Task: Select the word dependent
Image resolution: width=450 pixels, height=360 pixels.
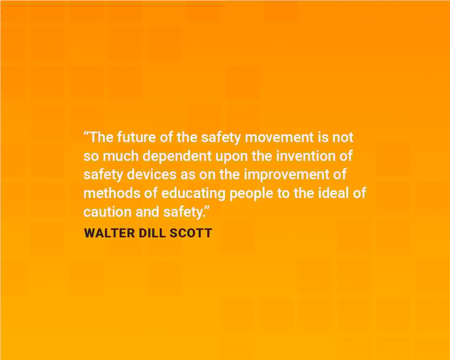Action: [177, 156]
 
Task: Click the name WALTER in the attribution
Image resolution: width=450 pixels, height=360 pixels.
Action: [109, 232]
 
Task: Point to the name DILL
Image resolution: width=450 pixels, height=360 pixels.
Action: [152, 232]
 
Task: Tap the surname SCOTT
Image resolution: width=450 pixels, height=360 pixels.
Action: [191, 232]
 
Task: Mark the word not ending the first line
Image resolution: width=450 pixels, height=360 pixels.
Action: [343, 137]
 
